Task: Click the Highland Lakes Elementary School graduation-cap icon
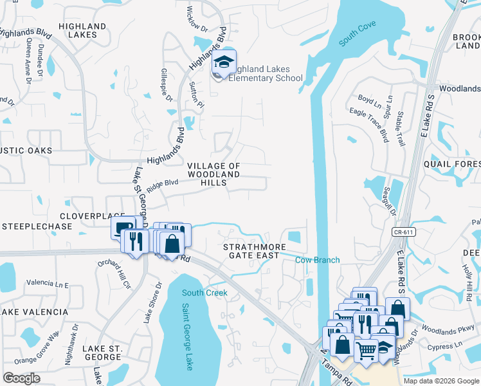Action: coord(224,62)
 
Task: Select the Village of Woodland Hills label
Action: coord(213,174)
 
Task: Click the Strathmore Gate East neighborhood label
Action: coord(251,251)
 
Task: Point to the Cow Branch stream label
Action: coord(317,260)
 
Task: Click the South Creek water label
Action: coord(204,293)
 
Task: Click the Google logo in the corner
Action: coord(21,378)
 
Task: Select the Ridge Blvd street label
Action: coord(162,185)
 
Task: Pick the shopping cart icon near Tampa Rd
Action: coord(366,351)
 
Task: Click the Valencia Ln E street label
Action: coord(48,283)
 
